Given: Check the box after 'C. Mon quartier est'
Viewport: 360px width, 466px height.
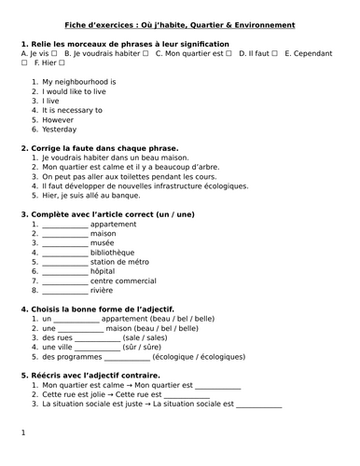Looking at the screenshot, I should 229,55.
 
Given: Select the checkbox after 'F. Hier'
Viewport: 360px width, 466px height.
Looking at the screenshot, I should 62,64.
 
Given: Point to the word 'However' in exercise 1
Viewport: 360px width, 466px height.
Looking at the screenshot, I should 58,119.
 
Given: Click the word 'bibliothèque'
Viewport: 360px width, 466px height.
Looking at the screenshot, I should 118,253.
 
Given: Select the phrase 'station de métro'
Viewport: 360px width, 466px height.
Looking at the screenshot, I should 127,262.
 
